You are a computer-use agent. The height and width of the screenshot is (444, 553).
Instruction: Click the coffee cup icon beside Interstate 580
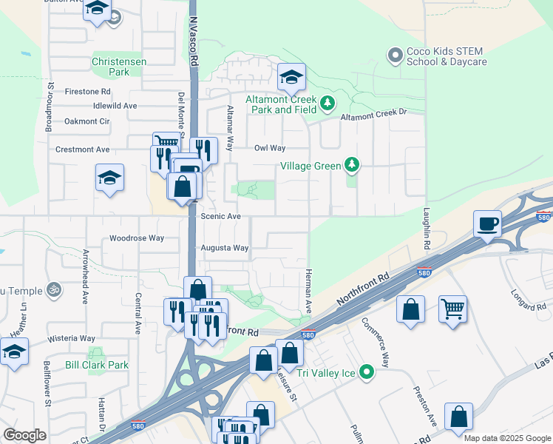click(488, 223)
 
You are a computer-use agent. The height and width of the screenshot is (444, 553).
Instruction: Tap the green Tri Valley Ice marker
click(367, 371)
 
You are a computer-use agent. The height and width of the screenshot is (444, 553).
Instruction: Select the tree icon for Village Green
click(353, 165)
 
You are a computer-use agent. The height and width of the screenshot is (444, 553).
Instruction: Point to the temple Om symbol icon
click(52, 288)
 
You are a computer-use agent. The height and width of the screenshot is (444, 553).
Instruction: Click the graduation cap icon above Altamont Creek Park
click(291, 77)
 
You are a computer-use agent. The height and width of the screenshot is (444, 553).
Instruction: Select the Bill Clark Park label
click(96, 365)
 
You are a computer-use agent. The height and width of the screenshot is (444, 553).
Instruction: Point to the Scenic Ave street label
click(221, 216)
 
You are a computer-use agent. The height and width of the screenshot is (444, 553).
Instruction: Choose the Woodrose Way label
click(136, 238)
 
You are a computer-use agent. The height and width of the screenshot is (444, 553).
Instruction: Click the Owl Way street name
click(270, 148)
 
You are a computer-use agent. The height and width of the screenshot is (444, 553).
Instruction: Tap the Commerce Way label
click(375, 343)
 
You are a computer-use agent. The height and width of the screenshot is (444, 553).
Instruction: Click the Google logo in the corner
click(24, 435)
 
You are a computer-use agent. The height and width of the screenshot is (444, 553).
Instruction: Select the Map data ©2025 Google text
click(506, 438)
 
